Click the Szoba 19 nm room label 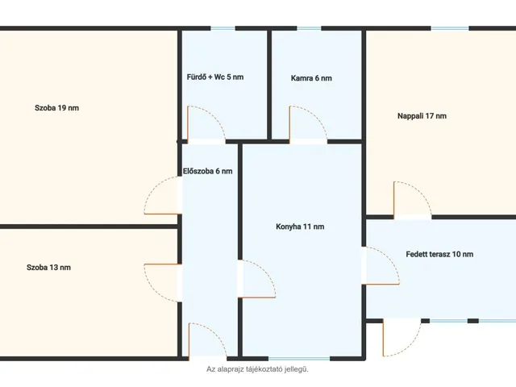(x=56, y=108)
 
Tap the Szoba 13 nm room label (x=48, y=267)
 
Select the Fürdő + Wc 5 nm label (x=215, y=77)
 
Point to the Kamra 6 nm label (x=311, y=78)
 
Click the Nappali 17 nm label (x=422, y=116)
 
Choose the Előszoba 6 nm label (x=208, y=171)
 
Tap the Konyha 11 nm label (x=300, y=227)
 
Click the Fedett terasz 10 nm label (x=439, y=255)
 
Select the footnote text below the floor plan (x=258, y=369)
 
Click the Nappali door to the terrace (x=421, y=190)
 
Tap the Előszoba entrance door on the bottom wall (x=216, y=332)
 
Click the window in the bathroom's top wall (x=223, y=29)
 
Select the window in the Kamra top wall (x=309, y=29)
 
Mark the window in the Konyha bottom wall (x=299, y=359)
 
